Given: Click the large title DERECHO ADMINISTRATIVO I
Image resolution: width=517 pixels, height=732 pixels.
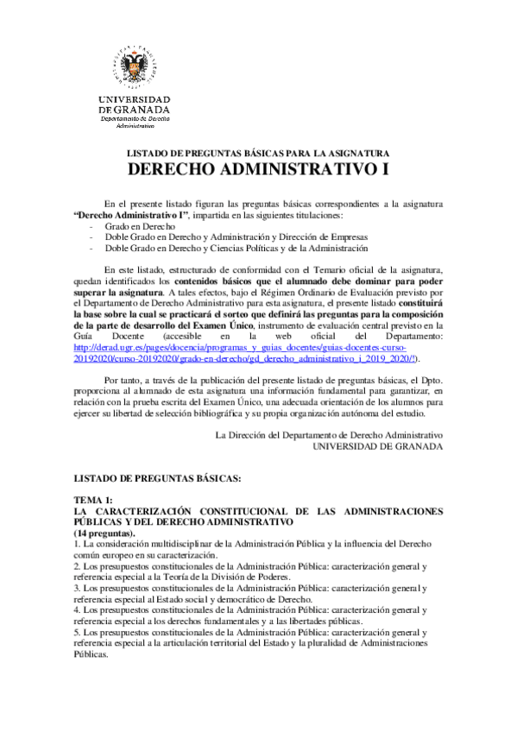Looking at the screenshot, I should pos(257,168).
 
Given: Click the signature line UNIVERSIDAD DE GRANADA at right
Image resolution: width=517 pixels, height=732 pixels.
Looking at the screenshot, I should pos(377,446).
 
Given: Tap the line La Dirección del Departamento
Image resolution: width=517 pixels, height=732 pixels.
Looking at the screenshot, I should pos(328,434).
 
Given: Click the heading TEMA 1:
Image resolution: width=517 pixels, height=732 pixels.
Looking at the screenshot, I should pos(93,500).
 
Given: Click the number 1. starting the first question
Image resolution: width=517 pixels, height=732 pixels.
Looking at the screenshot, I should pos(77,544).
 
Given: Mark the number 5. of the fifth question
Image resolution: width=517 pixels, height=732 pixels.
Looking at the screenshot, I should pos(77,632).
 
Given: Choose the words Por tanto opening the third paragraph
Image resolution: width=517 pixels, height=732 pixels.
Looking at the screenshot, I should pos(123,379).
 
